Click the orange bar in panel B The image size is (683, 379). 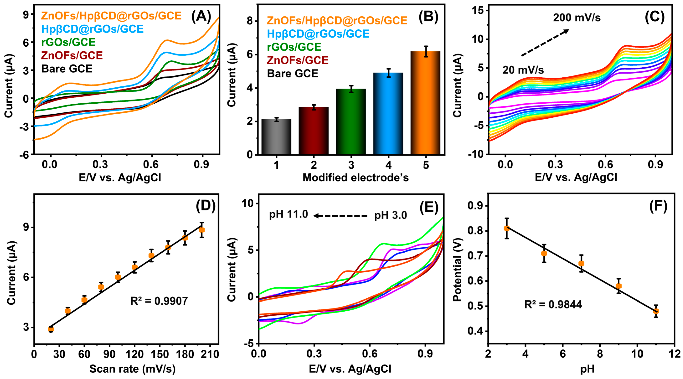tap(425, 103)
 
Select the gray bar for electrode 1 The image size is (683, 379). tap(276, 137)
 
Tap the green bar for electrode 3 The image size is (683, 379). tap(351, 122)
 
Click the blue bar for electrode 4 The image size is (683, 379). tap(388, 114)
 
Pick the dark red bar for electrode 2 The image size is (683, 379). tap(314, 131)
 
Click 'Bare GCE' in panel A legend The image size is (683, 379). tap(67, 69)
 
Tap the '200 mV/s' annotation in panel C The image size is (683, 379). tap(577, 18)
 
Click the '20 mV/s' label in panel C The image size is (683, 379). tap(523, 70)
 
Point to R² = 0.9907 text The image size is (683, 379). tap(159, 301)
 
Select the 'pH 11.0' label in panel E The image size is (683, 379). tap(288, 214)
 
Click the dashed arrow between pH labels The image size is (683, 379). tap(341, 216)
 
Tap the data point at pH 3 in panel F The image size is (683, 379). tap(507, 228)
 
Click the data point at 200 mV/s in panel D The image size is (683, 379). tap(202, 230)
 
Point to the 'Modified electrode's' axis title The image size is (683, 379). tap(356, 178)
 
